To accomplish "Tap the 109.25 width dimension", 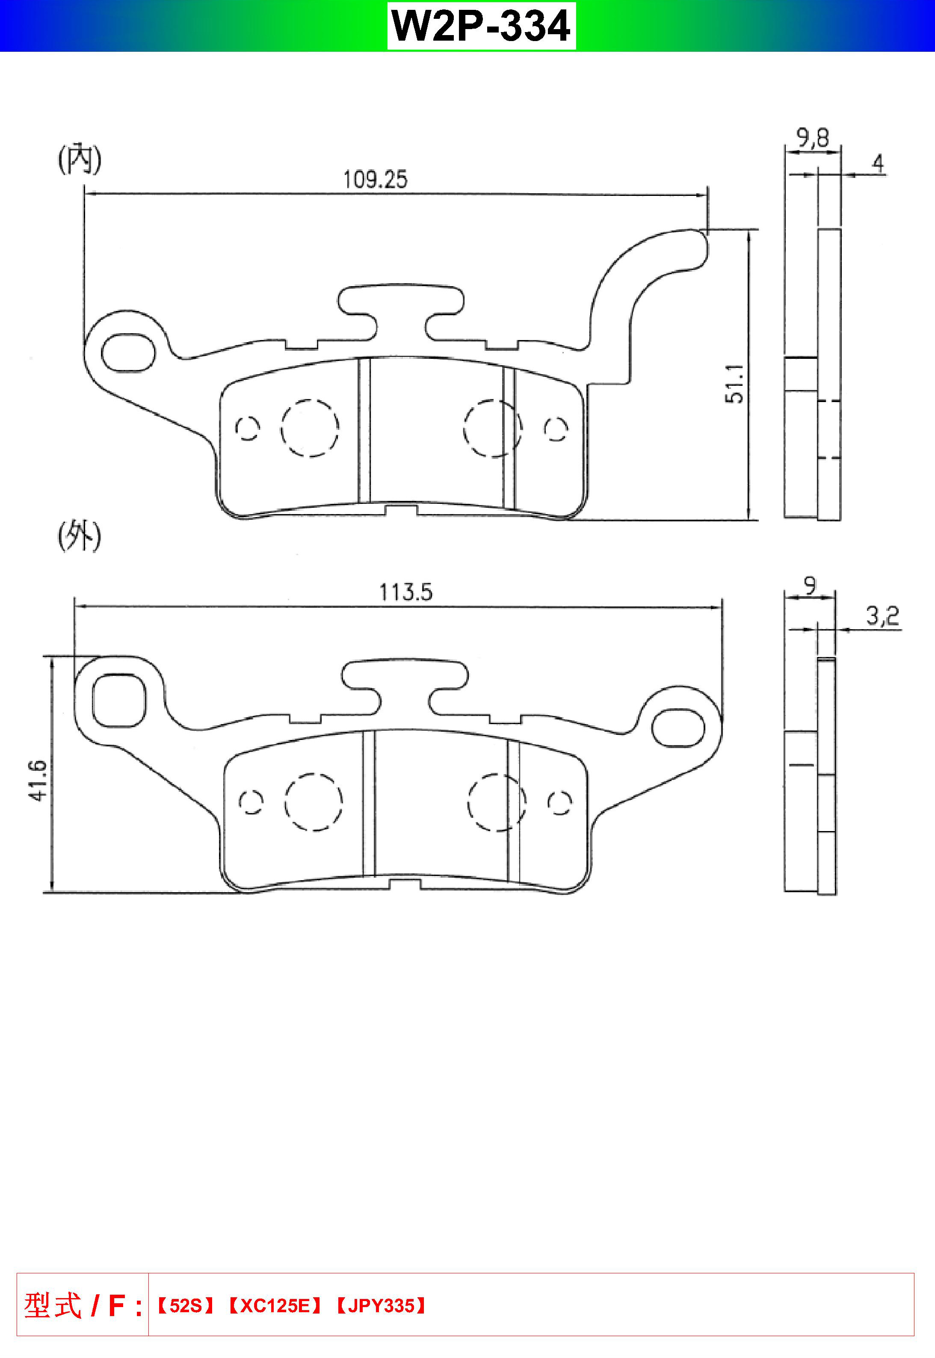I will pos(375,179).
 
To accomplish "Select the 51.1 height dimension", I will pos(735,384).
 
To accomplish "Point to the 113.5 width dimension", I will pos(405,592).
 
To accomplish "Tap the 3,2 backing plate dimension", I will pos(882,616).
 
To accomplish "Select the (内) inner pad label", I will pos(80,159).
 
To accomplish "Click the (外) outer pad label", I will pos(80,536).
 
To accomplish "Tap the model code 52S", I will pos(185,1306).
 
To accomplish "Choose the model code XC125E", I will pos(274,1306).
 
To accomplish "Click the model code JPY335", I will pos(381,1306).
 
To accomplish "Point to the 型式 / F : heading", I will pos(83,1306).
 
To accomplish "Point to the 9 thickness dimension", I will pos(809,585).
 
